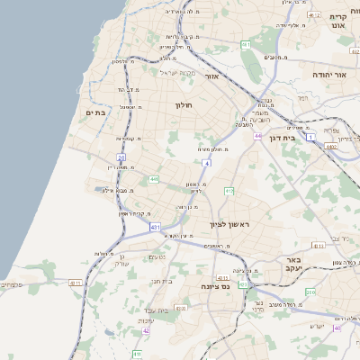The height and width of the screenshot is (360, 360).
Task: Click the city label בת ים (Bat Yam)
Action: (95, 112)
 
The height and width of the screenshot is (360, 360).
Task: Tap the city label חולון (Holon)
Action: (184, 105)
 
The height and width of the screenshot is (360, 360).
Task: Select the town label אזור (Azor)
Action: (213, 76)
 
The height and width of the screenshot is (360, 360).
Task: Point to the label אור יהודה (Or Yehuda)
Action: (329, 76)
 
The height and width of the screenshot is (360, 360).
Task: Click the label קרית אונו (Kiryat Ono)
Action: (338, 21)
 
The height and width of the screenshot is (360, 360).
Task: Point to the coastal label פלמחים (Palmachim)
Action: (11, 283)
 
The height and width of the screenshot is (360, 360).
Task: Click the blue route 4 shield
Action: (206, 164)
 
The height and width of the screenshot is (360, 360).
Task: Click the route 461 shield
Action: (246, 44)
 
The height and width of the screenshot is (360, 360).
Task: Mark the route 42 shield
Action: (146, 330)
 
